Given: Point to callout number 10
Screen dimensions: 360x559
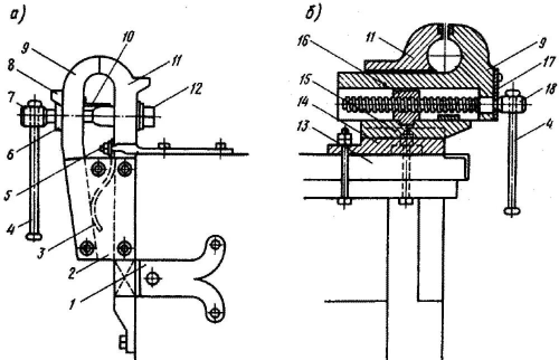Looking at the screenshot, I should coord(128,37).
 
